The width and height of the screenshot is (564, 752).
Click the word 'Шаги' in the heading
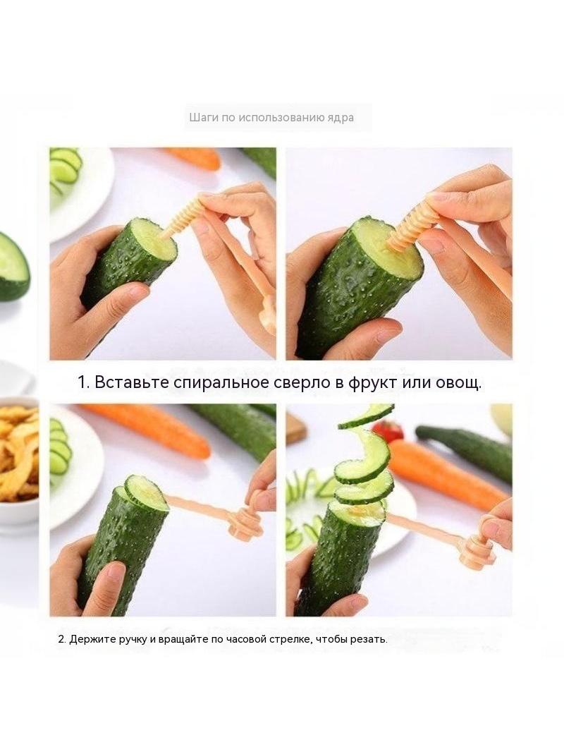[200, 118]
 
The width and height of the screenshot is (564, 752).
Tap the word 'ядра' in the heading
[343, 118]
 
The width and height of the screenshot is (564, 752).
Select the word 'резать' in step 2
[371, 640]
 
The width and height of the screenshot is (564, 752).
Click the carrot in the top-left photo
[193, 157]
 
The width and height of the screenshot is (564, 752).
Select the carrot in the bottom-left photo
[146, 429]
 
